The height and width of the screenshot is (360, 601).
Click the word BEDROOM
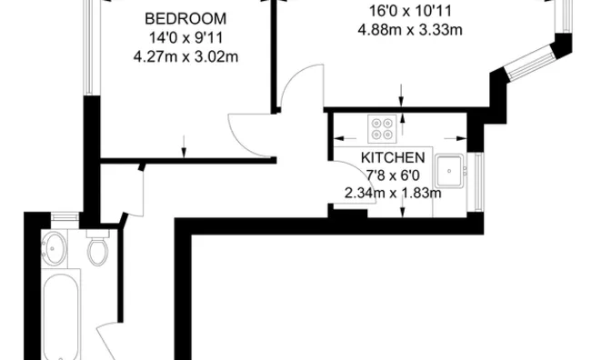click(x=185, y=18)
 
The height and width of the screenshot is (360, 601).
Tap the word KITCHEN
click(x=393, y=157)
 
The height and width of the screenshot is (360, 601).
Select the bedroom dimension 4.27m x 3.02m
click(x=185, y=56)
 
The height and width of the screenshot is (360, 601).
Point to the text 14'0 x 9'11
click(x=185, y=38)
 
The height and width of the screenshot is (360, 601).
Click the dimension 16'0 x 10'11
click(x=410, y=11)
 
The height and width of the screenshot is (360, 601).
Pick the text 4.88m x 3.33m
click(x=410, y=29)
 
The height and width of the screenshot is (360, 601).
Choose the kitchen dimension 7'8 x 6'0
click(x=393, y=175)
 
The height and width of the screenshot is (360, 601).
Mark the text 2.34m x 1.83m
click(x=393, y=193)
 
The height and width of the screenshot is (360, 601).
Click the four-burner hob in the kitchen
click(x=382, y=128)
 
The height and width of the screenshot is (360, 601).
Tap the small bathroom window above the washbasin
click(x=65, y=217)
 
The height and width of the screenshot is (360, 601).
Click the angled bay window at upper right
click(x=531, y=61)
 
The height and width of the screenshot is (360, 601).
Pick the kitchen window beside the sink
click(x=478, y=181)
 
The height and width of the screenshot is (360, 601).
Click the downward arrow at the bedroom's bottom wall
click(x=184, y=146)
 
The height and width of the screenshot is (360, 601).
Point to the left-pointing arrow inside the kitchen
click(x=345, y=138)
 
